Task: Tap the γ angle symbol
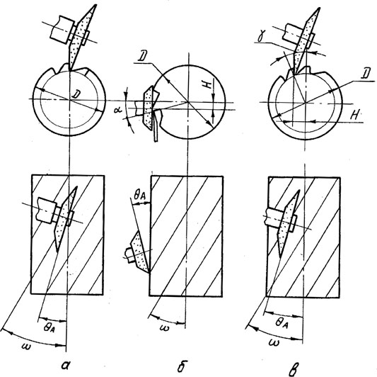(260, 37)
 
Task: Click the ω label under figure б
(166, 327)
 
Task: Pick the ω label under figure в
(274, 342)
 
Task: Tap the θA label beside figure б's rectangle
(140, 196)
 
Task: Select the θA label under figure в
(282, 322)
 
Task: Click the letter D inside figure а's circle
(76, 94)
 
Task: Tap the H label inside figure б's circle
(209, 85)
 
